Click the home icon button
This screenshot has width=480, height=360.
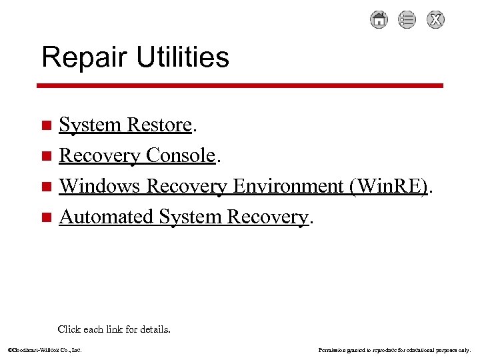coord(379,20)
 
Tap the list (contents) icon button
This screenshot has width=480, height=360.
coord(407,20)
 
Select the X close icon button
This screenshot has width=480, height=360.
coord(435,20)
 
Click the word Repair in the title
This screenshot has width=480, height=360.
coord(85,57)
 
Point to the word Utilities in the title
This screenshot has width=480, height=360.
coord(182,57)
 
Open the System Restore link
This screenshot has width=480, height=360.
coord(125,125)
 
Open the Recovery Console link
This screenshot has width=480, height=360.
coord(137,155)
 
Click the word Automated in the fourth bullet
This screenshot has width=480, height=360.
coord(106,217)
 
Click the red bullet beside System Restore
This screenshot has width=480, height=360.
coord(46,125)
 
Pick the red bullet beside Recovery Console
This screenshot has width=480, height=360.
coord(46,156)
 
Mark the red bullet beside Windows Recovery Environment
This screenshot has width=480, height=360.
coord(46,187)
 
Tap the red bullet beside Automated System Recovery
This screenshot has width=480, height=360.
coord(46,217)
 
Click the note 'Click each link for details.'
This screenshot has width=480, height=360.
coord(114,329)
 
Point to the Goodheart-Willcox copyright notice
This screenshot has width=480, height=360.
coord(45,349)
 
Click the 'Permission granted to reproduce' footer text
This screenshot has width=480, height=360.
coord(395,349)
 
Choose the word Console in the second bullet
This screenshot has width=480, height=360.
coord(180,155)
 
